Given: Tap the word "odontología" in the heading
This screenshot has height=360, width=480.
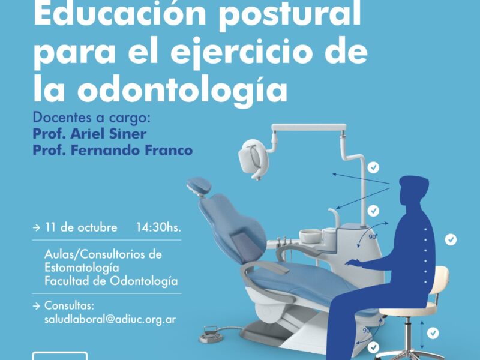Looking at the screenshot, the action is (182, 91).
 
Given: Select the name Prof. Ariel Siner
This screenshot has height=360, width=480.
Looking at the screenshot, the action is (89, 134).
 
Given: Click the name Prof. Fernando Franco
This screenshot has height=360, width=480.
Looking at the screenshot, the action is (113, 150).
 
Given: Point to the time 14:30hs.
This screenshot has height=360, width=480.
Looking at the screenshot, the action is (158, 227).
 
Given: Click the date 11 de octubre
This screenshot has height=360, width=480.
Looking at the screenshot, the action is (81, 227).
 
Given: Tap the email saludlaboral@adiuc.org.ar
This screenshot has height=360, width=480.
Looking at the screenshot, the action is (110, 319).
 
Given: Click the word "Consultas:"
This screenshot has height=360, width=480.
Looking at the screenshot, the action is (69, 305).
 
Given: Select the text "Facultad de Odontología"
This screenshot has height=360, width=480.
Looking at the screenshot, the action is (111, 281).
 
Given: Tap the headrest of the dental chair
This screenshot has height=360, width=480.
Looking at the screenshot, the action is (199, 186).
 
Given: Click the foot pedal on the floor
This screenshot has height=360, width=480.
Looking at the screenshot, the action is (211, 335).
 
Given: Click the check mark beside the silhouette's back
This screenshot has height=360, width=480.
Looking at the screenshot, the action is (451, 239).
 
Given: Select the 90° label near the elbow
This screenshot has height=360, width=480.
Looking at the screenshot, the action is (373, 236).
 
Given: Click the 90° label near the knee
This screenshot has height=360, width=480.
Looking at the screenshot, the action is (367, 331).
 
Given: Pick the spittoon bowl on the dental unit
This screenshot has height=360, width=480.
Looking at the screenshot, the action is (310, 236).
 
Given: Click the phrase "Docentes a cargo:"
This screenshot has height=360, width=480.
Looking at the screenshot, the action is (92, 118).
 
